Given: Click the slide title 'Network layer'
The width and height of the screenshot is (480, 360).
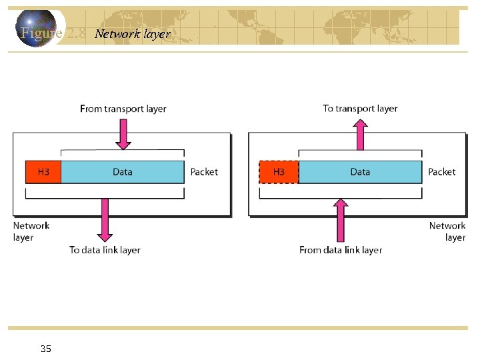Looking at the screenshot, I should pos(133,33).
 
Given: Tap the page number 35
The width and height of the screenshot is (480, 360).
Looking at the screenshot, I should pos(46,349).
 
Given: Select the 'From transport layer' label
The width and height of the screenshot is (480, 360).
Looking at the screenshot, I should pos(123,109).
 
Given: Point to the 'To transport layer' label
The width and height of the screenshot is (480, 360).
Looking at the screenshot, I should pos(360,108).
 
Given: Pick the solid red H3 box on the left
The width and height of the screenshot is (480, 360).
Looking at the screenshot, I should pos(43,172).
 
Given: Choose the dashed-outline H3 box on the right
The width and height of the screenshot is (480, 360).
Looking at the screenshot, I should pos(279,172).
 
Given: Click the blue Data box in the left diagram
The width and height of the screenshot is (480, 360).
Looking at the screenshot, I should pos(122,172).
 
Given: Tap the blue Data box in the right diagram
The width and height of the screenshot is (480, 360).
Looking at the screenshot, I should pos(360,172).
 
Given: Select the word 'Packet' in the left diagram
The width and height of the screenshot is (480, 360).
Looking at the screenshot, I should pos(204,172).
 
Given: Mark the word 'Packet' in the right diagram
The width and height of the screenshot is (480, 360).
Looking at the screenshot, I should pos(442,172).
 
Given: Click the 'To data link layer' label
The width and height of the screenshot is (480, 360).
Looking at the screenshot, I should pos(105,250).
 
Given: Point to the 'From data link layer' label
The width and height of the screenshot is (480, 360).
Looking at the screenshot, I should pos(341,250).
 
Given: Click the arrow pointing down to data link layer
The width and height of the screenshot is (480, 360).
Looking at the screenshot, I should pos(105,220).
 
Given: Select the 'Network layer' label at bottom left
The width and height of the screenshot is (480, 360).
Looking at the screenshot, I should pos(31,231).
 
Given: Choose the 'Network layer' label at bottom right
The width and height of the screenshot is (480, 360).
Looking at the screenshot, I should pos(447,231).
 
